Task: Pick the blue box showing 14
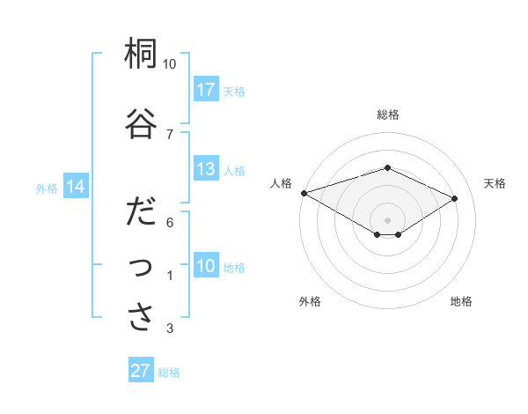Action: coord(75,187)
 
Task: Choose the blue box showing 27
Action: coord(141,371)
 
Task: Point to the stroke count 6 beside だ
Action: coord(170,224)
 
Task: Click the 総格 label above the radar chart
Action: coord(387,115)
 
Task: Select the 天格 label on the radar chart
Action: coord(495,183)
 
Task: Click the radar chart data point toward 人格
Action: coord(304,193)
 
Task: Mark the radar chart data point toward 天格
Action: coord(455,199)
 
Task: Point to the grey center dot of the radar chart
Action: coord(387,219)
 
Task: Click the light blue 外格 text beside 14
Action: coord(47,188)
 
